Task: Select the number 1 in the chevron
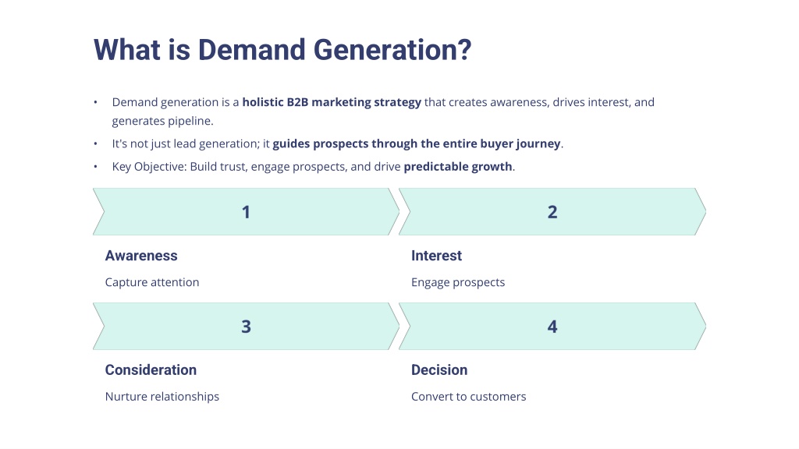pos(246,212)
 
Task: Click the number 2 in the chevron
pos(552,212)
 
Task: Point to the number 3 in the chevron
pos(246,327)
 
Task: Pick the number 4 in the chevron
pos(552,327)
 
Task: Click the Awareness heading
pos(141,256)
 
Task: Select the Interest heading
pos(437,256)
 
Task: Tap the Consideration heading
pos(151,370)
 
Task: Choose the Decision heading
pos(439,370)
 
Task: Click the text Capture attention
pos(152,282)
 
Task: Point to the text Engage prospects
pos(458,282)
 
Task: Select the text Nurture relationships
pos(162,397)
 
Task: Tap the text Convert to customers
pos(469,397)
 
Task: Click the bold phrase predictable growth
pos(458,167)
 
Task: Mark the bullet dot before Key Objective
pos(95,167)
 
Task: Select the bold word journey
pos(538,144)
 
